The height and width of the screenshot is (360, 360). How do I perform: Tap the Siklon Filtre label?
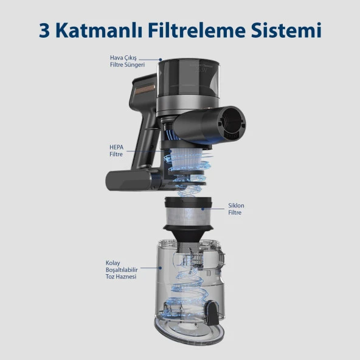(235, 209)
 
